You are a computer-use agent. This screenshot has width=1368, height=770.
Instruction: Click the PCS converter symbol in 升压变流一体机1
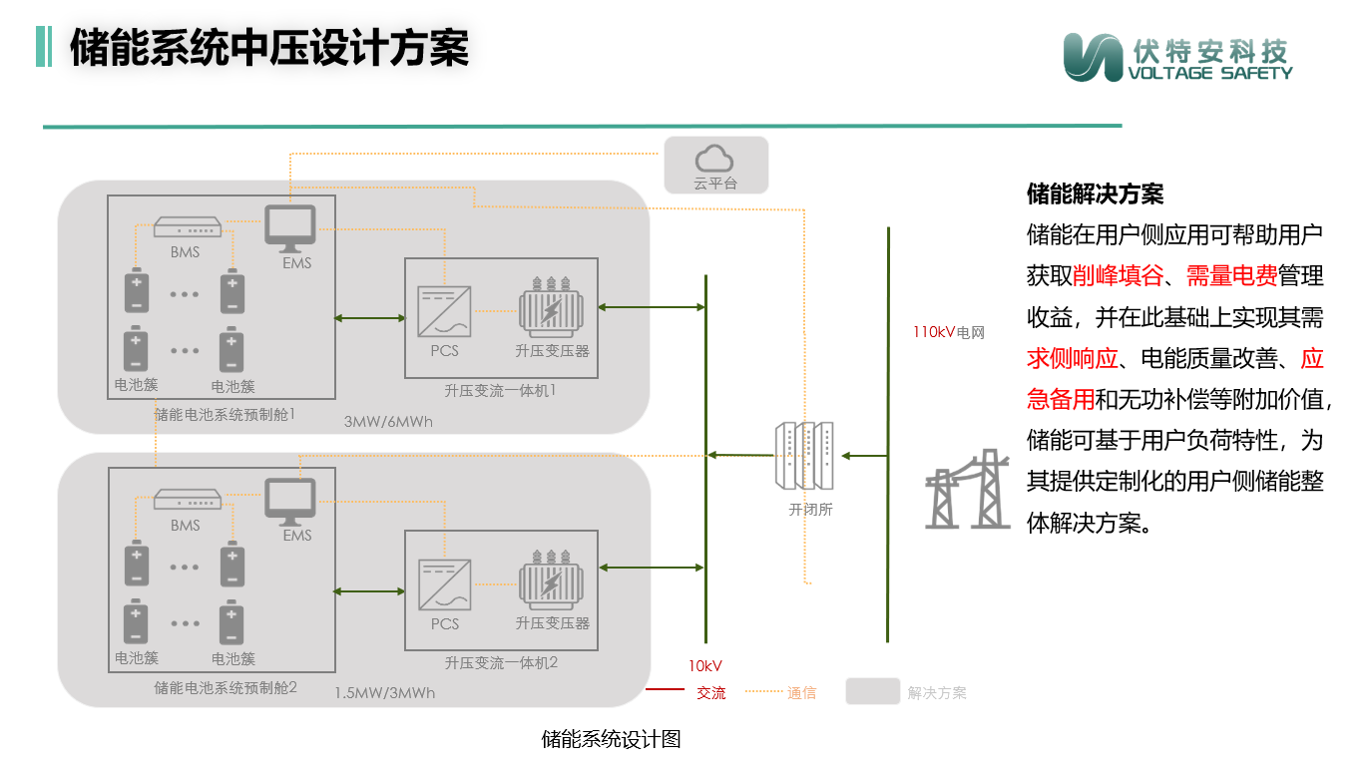[x=444, y=312]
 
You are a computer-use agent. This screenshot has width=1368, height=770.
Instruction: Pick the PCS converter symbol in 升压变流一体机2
[x=444, y=585]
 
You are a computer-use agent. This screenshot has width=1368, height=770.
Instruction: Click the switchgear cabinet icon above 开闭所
[x=804, y=456]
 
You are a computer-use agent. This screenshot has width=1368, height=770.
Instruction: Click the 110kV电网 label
[x=948, y=333]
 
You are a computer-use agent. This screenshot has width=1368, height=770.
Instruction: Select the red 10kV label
[x=704, y=666]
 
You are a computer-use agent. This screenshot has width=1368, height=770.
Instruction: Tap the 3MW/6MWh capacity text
[x=388, y=422]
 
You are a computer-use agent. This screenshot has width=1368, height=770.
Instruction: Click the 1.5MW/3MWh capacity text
[x=384, y=693]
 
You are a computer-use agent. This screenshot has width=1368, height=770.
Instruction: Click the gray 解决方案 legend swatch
[x=873, y=692]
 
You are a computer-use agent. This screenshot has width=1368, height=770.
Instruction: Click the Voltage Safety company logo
[x=1176, y=57]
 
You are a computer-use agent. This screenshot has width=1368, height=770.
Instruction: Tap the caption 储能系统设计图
[x=611, y=740]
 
